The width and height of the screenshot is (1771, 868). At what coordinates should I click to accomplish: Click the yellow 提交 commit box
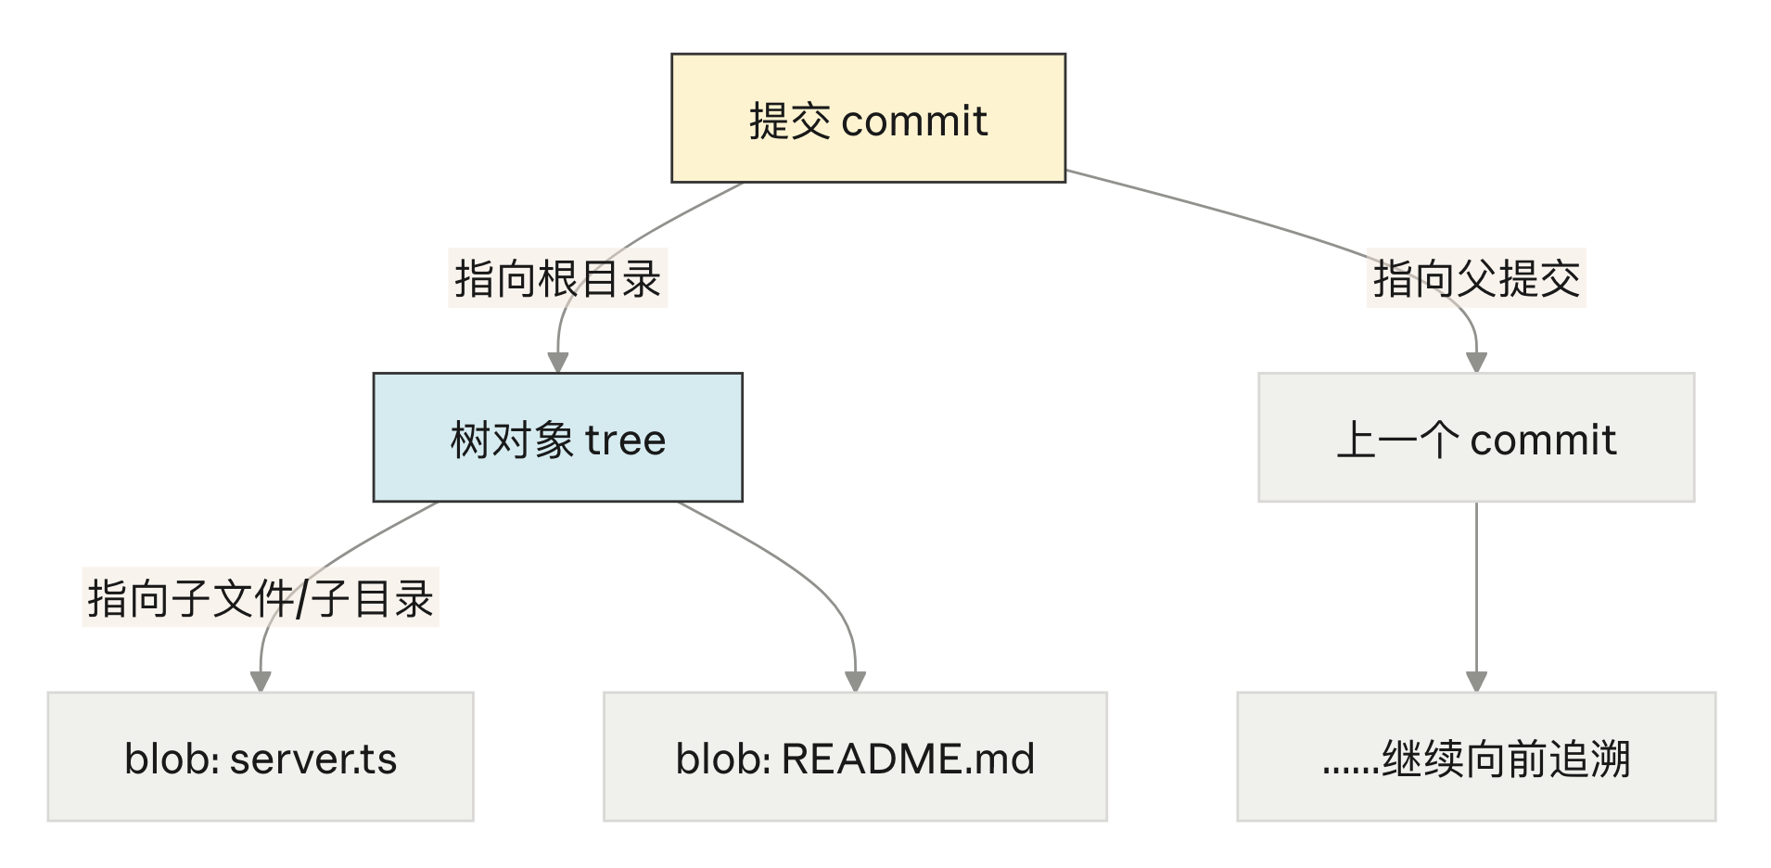pyautogui.click(x=868, y=118)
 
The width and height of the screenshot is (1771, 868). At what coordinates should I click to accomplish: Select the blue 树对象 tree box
pyautogui.click(x=557, y=438)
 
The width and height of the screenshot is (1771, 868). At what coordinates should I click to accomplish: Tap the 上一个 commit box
pyautogui.click(x=1476, y=438)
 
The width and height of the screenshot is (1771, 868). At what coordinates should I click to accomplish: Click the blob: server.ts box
pyautogui.click(x=261, y=757)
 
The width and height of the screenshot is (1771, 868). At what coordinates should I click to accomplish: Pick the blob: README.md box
pyautogui.click(x=855, y=757)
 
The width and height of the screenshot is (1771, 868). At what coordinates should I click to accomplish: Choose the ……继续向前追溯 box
pyautogui.click(x=1476, y=757)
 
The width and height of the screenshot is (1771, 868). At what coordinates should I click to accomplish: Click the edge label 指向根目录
pyautogui.click(x=557, y=278)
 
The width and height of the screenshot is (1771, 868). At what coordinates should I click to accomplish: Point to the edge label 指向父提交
pyautogui.click(x=1476, y=278)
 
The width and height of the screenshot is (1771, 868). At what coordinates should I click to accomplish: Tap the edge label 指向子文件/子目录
pyautogui.click(x=261, y=597)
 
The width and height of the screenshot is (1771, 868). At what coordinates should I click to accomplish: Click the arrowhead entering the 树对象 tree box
pyautogui.click(x=557, y=363)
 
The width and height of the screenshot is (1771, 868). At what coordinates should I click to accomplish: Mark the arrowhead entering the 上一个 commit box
pyautogui.click(x=1476, y=363)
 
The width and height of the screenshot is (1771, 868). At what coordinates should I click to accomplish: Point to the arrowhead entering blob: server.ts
pyautogui.click(x=261, y=682)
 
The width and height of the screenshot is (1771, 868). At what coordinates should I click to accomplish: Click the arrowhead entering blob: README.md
pyautogui.click(x=855, y=682)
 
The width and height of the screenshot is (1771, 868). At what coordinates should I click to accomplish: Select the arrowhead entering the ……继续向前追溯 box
pyautogui.click(x=1476, y=682)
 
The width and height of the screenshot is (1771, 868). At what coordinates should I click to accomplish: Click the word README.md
pyautogui.click(x=908, y=759)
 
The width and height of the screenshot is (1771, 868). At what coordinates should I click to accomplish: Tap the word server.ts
pyautogui.click(x=313, y=759)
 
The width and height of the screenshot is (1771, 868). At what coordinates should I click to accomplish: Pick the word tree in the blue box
pyautogui.click(x=625, y=440)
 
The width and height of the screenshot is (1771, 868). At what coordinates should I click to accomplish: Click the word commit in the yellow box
pyautogui.click(x=914, y=121)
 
